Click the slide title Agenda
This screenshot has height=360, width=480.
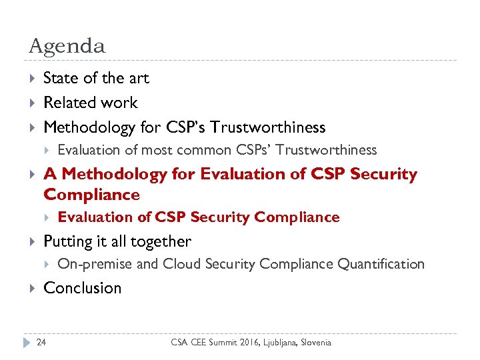[67, 46]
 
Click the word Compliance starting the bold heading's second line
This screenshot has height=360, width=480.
[91, 195]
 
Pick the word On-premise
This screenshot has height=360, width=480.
[95, 264]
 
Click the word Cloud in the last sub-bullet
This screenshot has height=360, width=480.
[181, 264]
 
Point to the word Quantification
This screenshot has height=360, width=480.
[381, 264]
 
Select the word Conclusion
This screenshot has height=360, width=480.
[82, 288]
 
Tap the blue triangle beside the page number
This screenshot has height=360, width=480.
[27, 342]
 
